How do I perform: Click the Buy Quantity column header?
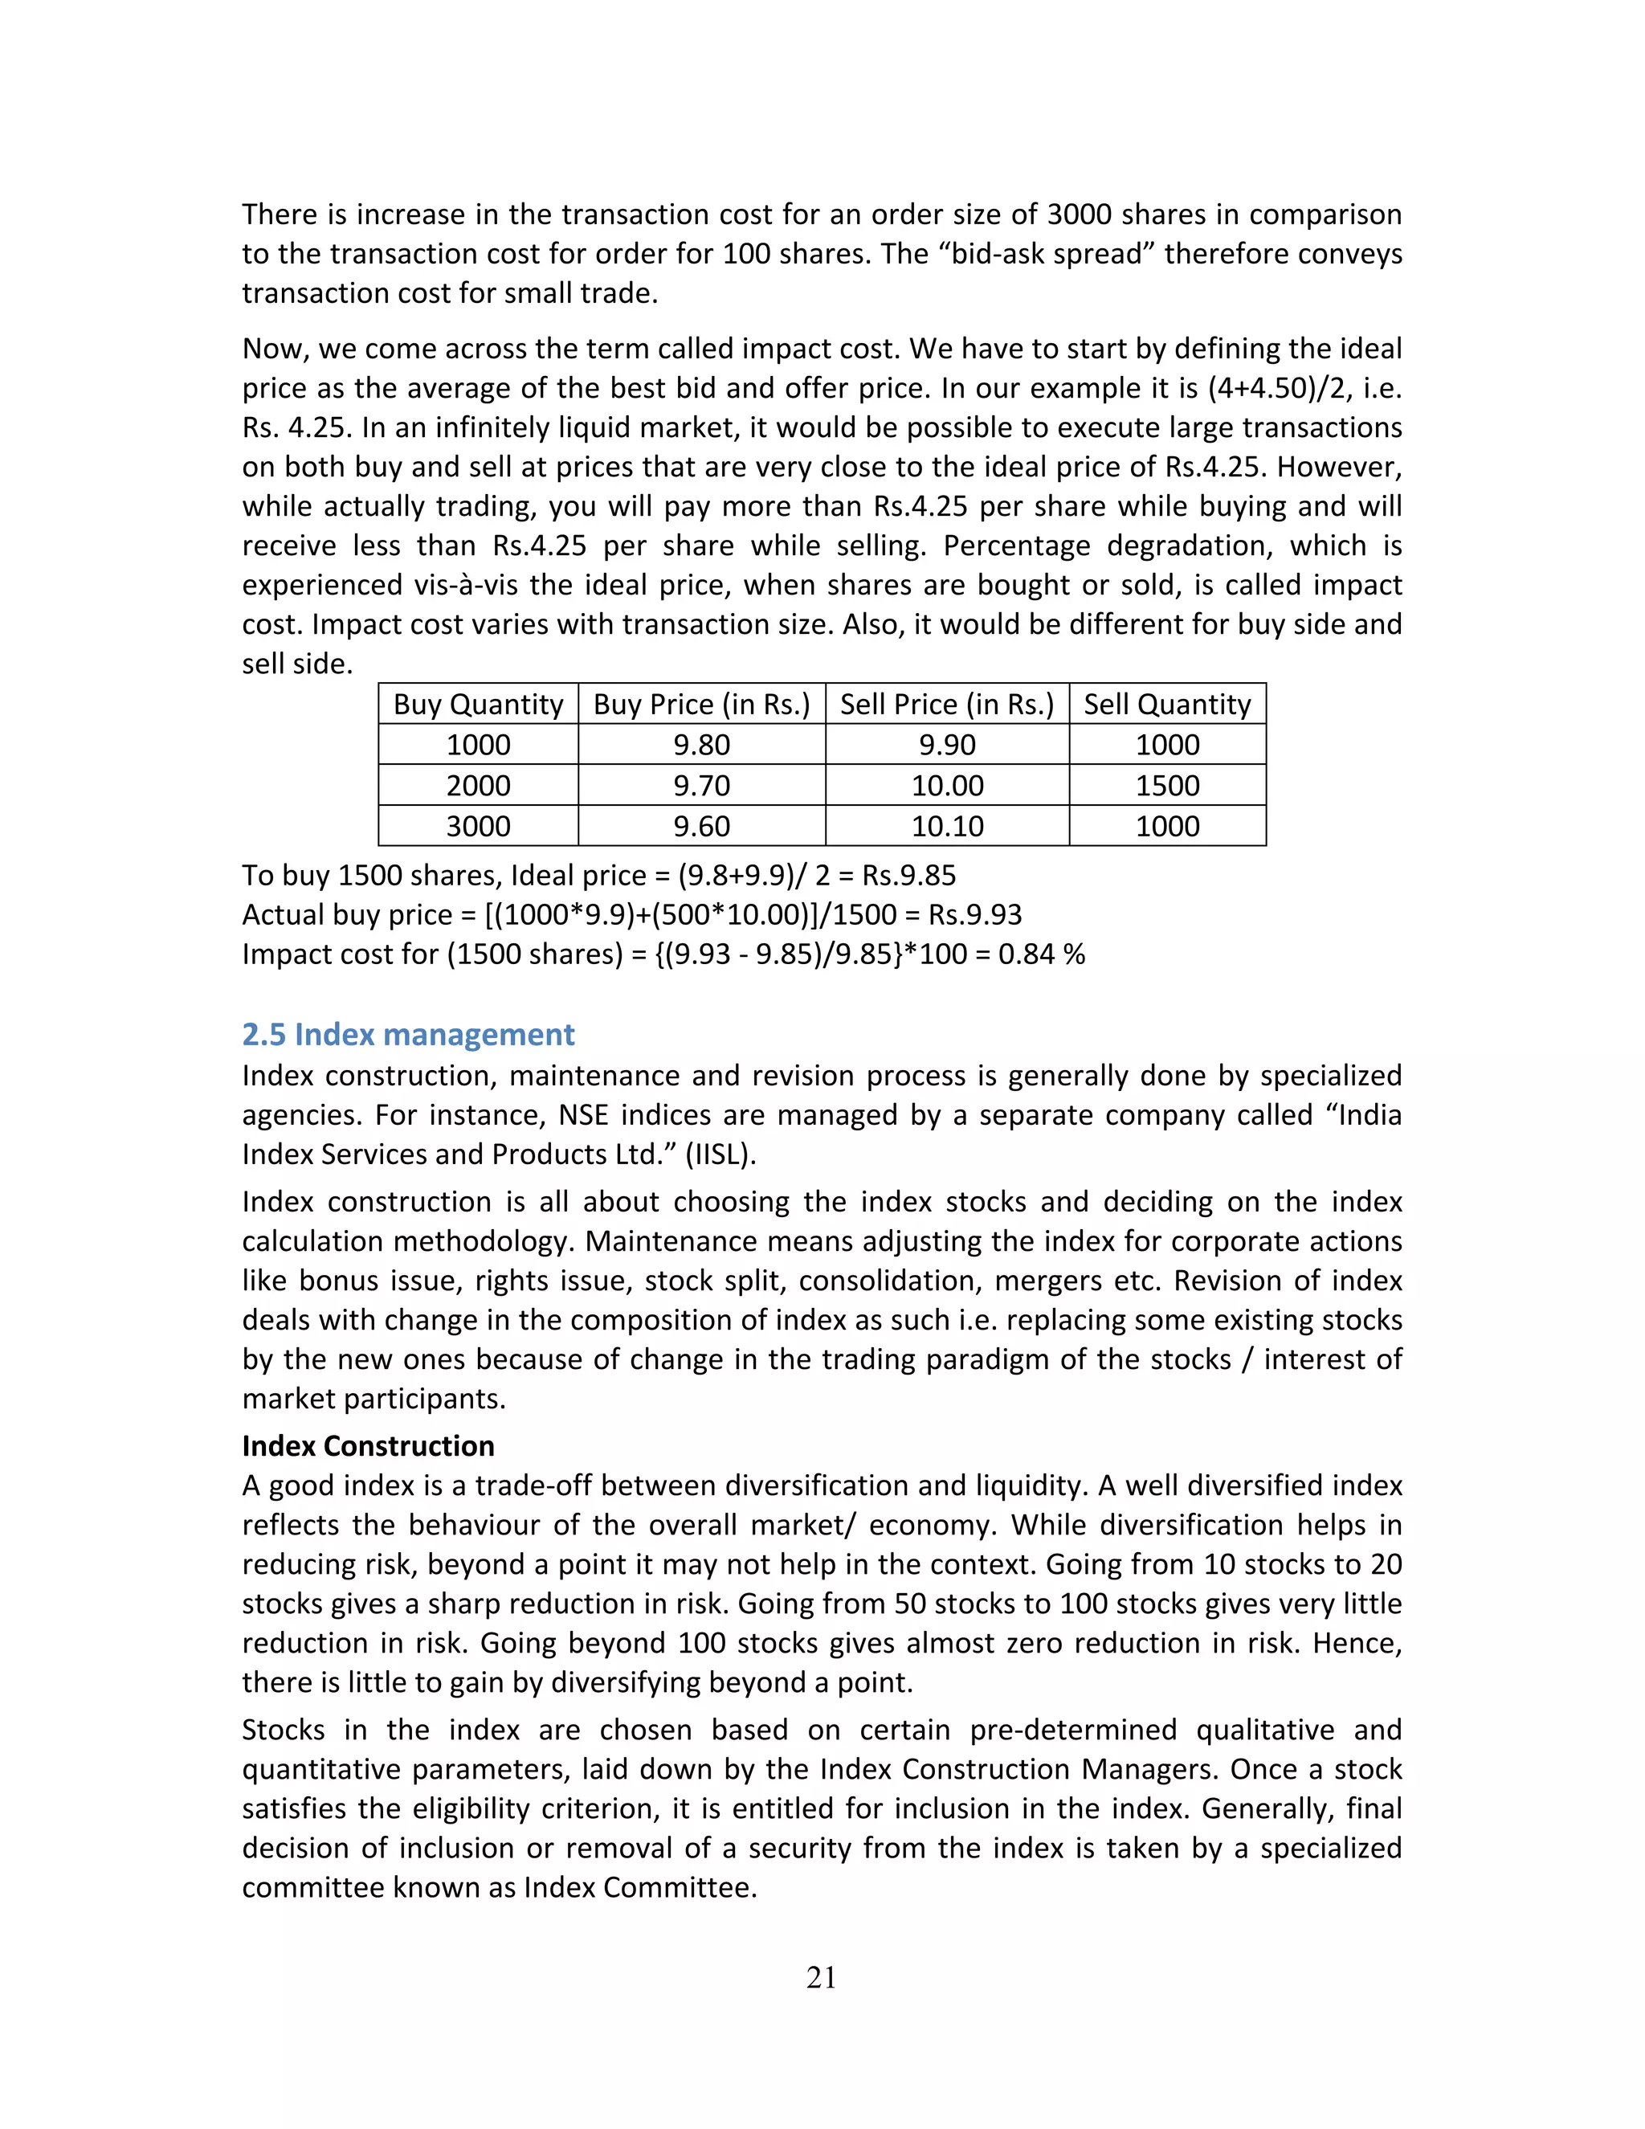[x=478, y=704]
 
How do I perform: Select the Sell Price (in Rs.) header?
[x=946, y=704]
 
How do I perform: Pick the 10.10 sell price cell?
[x=946, y=827]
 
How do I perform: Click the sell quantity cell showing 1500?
[x=1166, y=786]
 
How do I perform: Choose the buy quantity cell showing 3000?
[x=478, y=827]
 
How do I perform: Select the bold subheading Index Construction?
[x=369, y=1445]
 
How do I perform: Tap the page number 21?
[x=822, y=1977]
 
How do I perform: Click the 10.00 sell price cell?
[x=946, y=786]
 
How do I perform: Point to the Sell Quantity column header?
[x=1166, y=704]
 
